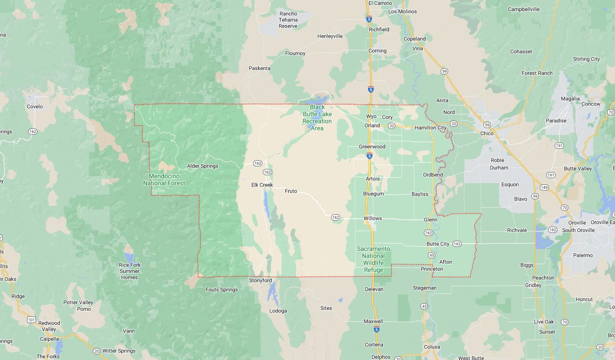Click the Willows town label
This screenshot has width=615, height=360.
pos(372,218)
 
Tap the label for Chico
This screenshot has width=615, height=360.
pos(487,133)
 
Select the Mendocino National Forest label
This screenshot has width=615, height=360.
pos(164,180)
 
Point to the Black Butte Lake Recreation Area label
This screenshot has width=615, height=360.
pos(317,118)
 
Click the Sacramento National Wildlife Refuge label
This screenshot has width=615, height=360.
pos(373,259)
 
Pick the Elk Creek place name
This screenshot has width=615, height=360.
pos(262,185)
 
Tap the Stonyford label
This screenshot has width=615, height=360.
pos(261,280)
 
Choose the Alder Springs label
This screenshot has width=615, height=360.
pos(203,166)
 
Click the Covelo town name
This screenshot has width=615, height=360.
pos(35,107)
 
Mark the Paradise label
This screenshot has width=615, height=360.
pos(556,121)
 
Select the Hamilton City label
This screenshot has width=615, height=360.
pos(431,128)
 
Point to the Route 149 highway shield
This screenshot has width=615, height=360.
pos(544,187)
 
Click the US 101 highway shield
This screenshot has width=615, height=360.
pos(31,320)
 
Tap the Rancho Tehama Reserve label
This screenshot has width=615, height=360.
pos(288,20)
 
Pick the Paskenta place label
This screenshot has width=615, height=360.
pos(259,68)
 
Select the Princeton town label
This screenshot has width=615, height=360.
pos(432,269)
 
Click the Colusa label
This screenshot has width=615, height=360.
pos(431,347)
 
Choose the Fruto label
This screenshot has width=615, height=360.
pos(291,191)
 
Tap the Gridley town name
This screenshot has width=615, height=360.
pos(533,285)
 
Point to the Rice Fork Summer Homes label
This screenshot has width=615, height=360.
pos(129,271)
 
